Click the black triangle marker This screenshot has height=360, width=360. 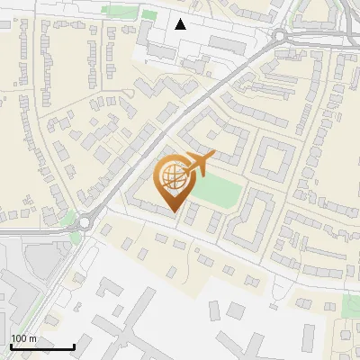click(181, 24)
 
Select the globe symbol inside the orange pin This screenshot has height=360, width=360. click(171, 175)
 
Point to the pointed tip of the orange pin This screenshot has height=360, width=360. click(174, 211)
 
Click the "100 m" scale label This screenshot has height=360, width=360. click(23, 338)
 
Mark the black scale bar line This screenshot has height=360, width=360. click(41, 346)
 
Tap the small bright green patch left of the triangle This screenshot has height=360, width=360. click(150, 13)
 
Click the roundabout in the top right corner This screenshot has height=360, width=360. click(279, 36)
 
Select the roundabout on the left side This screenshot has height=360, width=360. click(85, 221)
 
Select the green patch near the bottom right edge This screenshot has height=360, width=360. click(352, 307)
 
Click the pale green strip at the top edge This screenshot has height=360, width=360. click(115, 11)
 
